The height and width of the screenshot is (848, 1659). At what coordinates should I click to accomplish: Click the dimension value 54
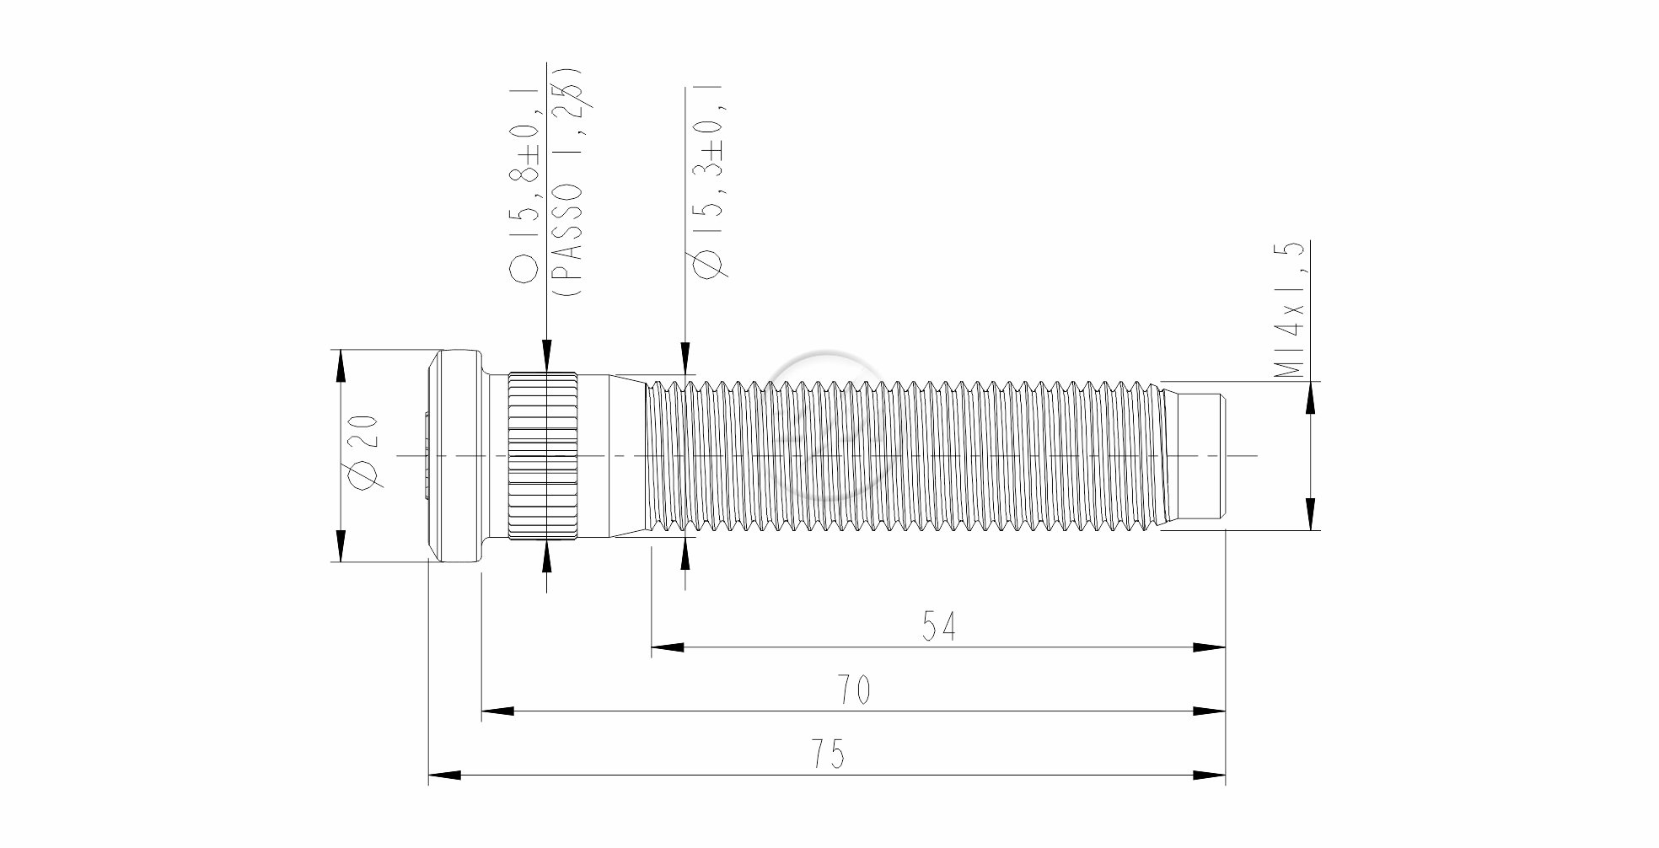(x=938, y=626)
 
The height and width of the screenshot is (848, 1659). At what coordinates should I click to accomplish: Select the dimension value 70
(x=853, y=690)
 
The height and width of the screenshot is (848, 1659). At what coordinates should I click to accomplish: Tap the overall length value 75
(x=828, y=754)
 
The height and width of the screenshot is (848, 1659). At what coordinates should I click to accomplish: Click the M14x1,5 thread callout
(x=1290, y=309)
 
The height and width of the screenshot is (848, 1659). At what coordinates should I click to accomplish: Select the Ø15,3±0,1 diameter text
(x=707, y=181)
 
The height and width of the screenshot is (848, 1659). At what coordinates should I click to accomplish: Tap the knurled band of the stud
(x=543, y=456)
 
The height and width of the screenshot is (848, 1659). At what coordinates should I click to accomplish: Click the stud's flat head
(x=455, y=455)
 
